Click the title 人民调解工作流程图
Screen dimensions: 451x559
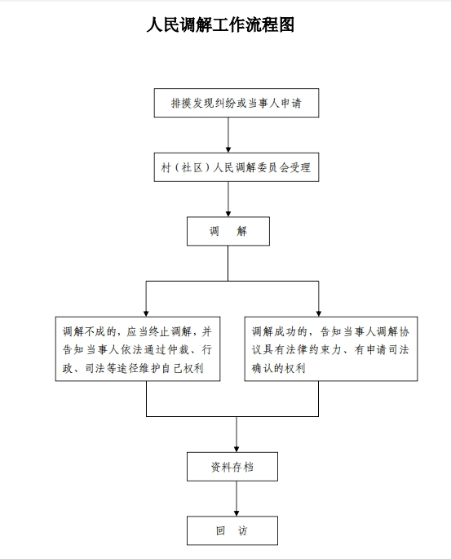pyautogui.click(x=220, y=25)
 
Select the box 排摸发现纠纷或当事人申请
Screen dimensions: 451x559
pyautogui.click(x=237, y=103)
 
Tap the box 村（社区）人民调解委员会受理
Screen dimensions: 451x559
pyautogui.click(x=237, y=167)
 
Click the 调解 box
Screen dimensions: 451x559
pyautogui.click(x=228, y=231)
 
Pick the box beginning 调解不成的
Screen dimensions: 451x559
pyautogui.click(x=138, y=349)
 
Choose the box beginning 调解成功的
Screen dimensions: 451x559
pyautogui.click(x=331, y=349)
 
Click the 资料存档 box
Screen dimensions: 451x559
pyautogui.click(x=232, y=467)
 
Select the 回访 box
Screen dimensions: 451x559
pyautogui.click(x=232, y=530)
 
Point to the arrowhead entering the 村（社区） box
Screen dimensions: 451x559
pyautogui.click(x=228, y=149)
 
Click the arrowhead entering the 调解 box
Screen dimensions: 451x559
pyautogui.click(x=228, y=214)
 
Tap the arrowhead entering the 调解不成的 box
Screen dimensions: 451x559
pyautogui.click(x=146, y=313)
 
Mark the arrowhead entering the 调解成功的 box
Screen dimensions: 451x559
pyautogui.click(x=319, y=313)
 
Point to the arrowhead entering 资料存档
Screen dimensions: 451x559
pyautogui.click(x=237, y=449)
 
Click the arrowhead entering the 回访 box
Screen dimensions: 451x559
pyautogui.click(x=237, y=513)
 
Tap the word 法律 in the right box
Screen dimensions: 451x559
pyautogui.click(x=296, y=350)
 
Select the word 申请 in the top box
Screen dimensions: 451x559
pyautogui.click(x=291, y=104)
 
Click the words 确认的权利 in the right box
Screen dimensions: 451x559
pyautogui.click(x=279, y=368)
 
